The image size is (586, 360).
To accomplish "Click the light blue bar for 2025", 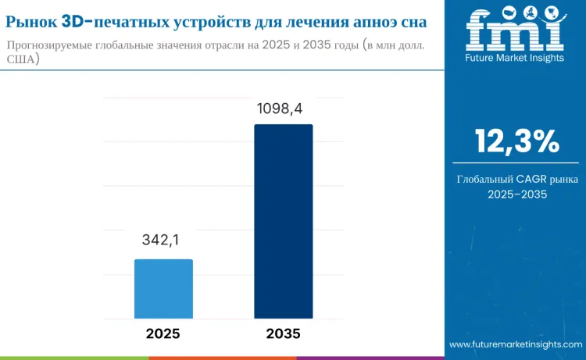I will [163, 288].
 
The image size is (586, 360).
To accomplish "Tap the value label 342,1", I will [163, 241].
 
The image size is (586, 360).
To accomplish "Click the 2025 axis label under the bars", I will [163, 333].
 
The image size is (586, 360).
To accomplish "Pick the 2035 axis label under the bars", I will [284, 333].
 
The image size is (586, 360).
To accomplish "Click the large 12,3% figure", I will [516, 141].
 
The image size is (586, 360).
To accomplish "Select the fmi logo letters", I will [515, 30].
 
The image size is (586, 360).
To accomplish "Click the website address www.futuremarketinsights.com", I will [516, 344].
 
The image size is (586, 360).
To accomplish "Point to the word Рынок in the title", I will [31, 16].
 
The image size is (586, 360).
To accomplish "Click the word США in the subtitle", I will [21, 59].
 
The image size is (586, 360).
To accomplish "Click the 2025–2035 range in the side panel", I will [516, 194].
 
